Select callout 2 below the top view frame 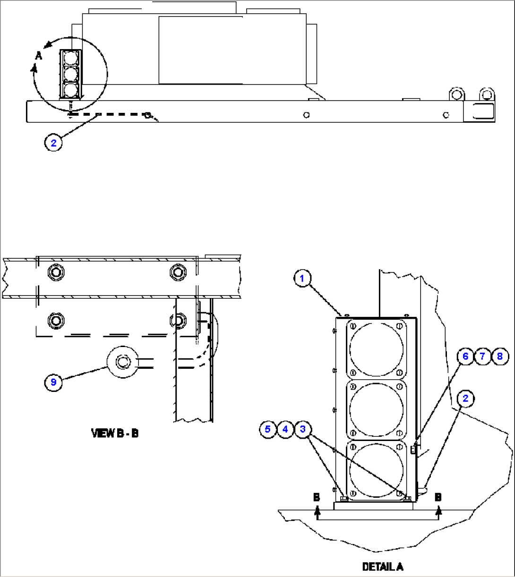pyautogui.click(x=53, y=143)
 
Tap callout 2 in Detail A pyautogui.click(x=465, y=399)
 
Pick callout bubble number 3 pyautogui.click(x=303, y=429)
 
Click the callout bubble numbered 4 pyautogui.click(x=285, y=429)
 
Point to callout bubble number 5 pyautogui.click(x=268, y=429)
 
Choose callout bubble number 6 pyautogui.click(x=465, y=356)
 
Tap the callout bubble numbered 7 pyautogui.click(x=482, y=356)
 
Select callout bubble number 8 pyautogui.click(x=500, y=356)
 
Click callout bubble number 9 pyautogui.click(x=53, y=382)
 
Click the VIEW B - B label pyautogui.click(x=115, y=433)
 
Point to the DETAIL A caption pyautogui.click(x=383, y=566)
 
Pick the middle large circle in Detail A pyautogui.click(x=377, y=409)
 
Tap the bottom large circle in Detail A pyautogui.click(x=377, y=470)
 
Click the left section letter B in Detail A pyautogui.click(x=317, y=498)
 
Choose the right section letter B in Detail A pyautogui.click(x=438, y=498)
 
